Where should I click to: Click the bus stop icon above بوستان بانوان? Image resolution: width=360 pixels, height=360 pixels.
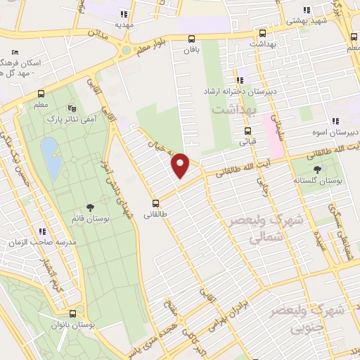[73, 314]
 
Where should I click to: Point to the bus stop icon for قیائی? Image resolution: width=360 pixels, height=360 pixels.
[247, 131]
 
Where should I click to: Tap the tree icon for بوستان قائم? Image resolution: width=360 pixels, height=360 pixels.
[90, 207]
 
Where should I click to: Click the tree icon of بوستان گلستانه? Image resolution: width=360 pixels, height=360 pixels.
[317, 169]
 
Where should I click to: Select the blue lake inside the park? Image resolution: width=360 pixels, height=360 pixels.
[49, 156]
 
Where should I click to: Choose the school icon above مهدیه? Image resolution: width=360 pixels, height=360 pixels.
[124, 13]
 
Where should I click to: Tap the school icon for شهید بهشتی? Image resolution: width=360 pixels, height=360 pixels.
[306, 10]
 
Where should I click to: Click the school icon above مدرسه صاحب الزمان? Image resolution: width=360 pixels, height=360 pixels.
[42, 231]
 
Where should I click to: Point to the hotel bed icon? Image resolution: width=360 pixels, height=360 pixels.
[15, 53]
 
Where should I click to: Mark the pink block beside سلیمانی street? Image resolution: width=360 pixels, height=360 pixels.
[273, 134]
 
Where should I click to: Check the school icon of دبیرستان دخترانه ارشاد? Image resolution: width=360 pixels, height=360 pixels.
[240, 81]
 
